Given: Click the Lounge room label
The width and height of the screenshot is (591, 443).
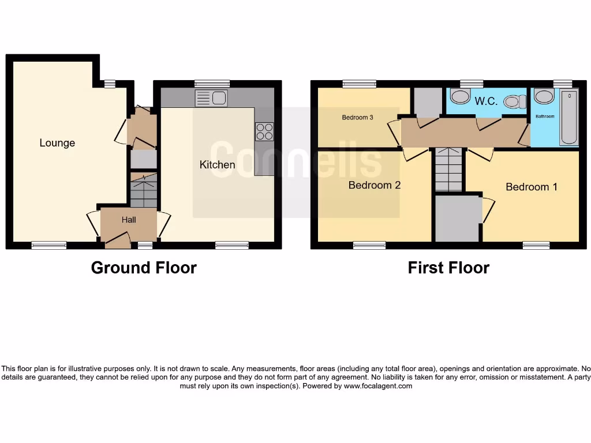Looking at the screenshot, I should [x=57, y=143].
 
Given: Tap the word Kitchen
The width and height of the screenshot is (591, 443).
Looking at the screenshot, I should [x=217, y=165].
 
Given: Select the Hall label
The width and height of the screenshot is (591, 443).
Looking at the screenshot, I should [x=129, y=220].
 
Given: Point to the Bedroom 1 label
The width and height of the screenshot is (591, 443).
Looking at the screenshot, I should [x=532, y=187].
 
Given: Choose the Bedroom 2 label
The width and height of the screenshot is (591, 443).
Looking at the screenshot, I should [x=374, y=185].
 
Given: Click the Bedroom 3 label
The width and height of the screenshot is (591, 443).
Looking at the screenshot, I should [x=357, y=118].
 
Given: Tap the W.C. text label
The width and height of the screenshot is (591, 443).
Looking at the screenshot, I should [x=486, y=102].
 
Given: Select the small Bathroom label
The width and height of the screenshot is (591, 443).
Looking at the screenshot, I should [x=544, y=116].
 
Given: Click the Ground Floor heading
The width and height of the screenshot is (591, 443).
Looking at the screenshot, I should [x=144, y=268].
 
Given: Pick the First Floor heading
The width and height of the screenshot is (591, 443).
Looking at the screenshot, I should [x=448, y=268].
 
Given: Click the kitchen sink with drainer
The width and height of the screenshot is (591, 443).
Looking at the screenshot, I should [x=211, y=99].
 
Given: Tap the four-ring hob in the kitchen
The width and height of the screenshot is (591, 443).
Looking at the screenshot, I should [x=264, y=132].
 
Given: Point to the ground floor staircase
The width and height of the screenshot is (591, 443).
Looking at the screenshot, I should [x=144, y=190].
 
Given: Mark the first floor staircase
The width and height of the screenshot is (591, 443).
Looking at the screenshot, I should [x=449, y=169].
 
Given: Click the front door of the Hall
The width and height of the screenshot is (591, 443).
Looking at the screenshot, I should [x=118, y=239].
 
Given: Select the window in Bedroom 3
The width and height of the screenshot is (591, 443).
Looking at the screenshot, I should [x=359, y=84].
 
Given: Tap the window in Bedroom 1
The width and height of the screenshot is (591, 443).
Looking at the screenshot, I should [x=536, y=245].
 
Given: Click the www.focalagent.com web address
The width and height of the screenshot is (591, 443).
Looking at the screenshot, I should [x=378, y=386].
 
